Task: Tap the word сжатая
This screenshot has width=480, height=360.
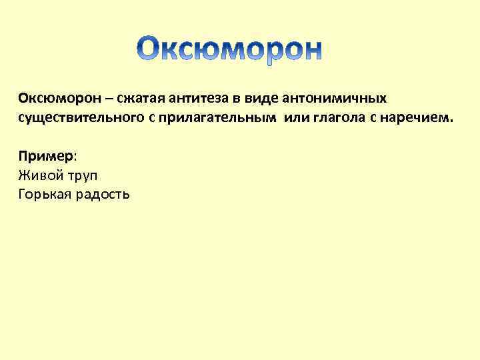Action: click(x=139, y=99)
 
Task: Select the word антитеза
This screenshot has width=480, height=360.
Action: click(x=194, y=99)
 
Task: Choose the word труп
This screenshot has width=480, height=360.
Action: click(x=83, y=176)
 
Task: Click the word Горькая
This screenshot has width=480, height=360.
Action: click(x=46, y=195)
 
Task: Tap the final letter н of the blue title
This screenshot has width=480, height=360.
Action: click(x=310, y=52)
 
